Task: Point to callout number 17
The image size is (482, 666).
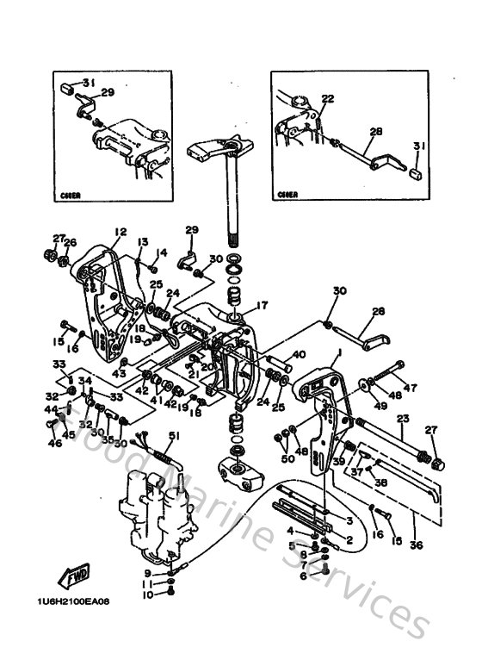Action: [x=262, y=304]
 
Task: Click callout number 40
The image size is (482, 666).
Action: [x=299, y=353]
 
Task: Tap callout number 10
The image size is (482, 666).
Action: [x=148, y=594]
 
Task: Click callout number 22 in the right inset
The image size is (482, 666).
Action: [x=327, y=99]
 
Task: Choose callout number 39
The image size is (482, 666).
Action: [x=339, y=461]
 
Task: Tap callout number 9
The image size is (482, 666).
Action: [x=148, y=572]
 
